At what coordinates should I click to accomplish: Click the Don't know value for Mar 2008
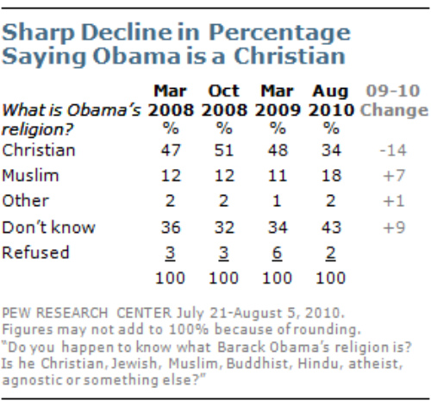[x=170, y=229]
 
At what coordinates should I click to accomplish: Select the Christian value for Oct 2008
[x=223, y=150]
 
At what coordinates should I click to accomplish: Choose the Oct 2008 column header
[x=223, y=102]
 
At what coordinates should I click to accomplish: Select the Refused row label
[x=34, y=254]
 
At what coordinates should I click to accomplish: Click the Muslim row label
[x=32, y=177]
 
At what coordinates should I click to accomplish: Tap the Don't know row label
[x=45, y=229]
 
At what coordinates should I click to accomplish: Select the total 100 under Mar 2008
[x=170, y=279]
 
